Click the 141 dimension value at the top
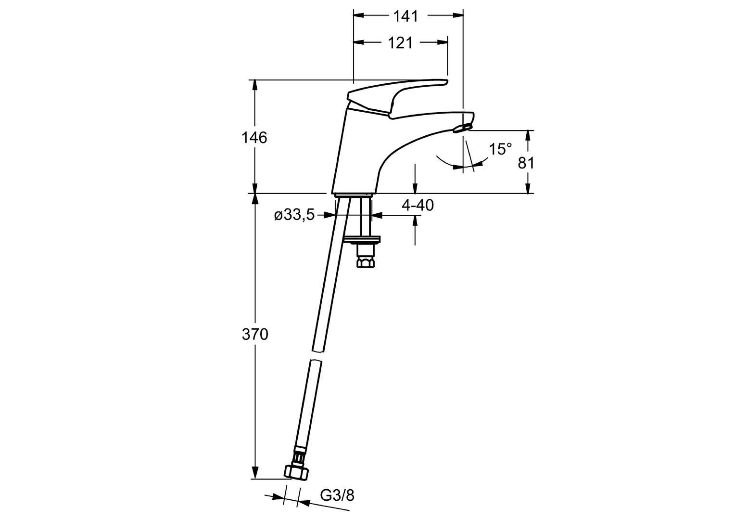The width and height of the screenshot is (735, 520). pos(406,16)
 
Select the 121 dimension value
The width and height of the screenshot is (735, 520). pos(400,43)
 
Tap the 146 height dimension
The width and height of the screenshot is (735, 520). pos(254,138)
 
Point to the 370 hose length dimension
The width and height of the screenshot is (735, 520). pos(254,334)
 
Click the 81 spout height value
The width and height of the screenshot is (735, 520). pos(526,163)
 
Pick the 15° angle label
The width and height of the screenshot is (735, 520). pos(500,149)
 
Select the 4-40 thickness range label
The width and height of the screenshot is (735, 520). pos(418,206)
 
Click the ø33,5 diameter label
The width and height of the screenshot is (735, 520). pos(294,215)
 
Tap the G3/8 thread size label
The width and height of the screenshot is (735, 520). pos(337,495)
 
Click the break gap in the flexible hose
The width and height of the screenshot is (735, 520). pos(317,357)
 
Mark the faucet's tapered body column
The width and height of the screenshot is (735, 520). pos(358,154)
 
